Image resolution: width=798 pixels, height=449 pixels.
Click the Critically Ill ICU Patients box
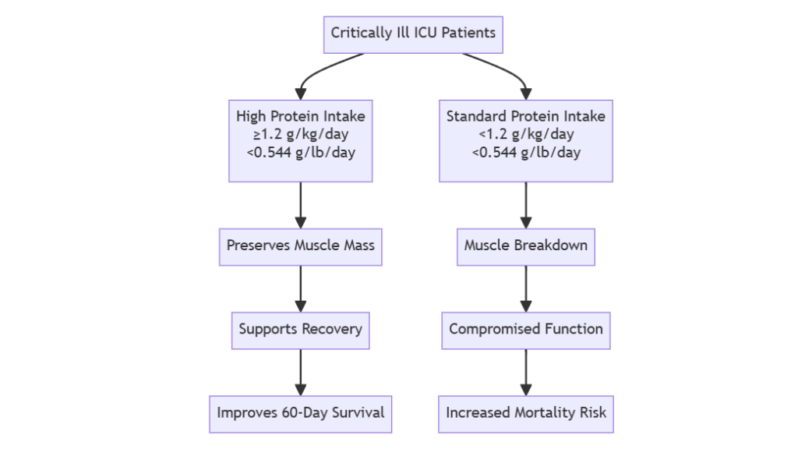[413, 34]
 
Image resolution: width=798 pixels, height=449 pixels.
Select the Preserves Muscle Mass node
[300, 246]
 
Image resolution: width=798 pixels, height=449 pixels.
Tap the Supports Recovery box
[300, 329]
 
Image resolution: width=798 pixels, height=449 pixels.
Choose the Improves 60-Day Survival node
[300, 413]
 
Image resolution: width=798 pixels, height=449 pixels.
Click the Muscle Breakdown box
[525, 246]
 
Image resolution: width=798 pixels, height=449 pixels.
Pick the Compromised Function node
[525, 329]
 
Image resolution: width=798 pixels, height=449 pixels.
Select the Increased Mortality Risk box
[525, 413]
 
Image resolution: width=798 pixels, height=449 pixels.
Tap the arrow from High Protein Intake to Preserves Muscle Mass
[300, 204]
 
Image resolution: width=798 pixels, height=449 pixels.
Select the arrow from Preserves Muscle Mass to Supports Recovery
[300, 288]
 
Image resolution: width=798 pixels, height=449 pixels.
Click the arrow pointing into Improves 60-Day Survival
[300, 372]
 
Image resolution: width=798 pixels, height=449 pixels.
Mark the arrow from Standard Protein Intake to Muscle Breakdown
[525, 204]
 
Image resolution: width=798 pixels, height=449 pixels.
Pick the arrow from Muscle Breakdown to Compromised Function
[525, 288]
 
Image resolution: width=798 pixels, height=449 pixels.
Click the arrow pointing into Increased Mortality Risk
[525, 372]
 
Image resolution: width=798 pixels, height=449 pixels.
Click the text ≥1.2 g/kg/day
[300, 134]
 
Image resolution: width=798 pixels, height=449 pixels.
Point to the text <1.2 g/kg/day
[525, 134]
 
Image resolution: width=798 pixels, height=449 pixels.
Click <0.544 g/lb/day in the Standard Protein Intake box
[525, 152]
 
